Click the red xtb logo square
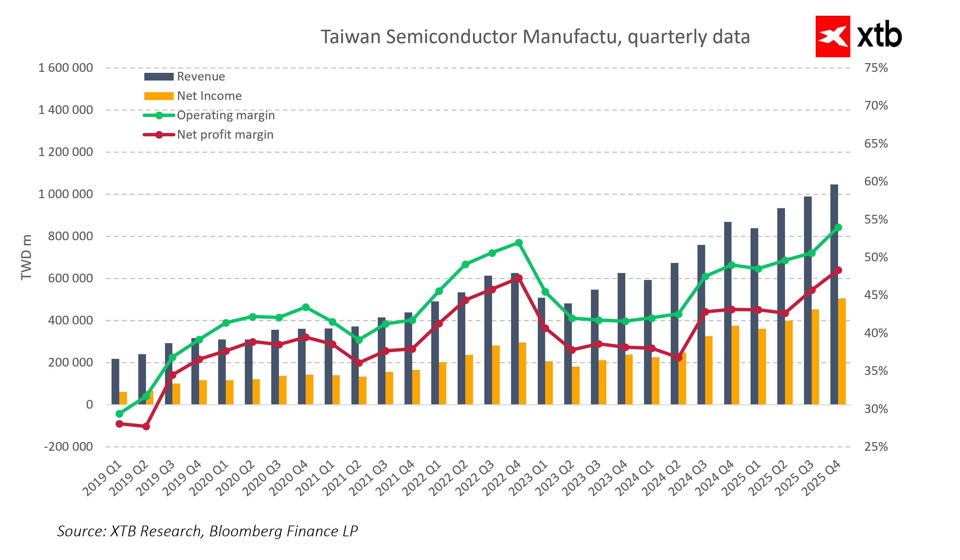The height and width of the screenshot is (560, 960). (832, 36)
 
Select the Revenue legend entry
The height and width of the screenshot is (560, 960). (201, 77)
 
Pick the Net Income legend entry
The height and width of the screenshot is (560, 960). (209, 96)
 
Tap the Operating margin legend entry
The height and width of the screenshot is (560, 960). (225, 115)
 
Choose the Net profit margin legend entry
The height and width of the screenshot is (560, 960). (225, 135)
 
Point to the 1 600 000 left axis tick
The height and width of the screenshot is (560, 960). (65, 68)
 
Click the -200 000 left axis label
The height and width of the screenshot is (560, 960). (68, 446)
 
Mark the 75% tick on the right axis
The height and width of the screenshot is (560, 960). (876, 68)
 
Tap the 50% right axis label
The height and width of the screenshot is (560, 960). (876, 257)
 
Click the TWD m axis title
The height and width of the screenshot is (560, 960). (26, 258)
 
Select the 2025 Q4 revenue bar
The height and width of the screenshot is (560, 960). (834, 293)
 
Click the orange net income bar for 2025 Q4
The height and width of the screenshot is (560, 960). (841, 351)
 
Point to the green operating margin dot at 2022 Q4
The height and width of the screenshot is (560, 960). (518, 243)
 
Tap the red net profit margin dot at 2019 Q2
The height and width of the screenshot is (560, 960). (146, 426)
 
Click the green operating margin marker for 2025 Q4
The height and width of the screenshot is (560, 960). (838, 228)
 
